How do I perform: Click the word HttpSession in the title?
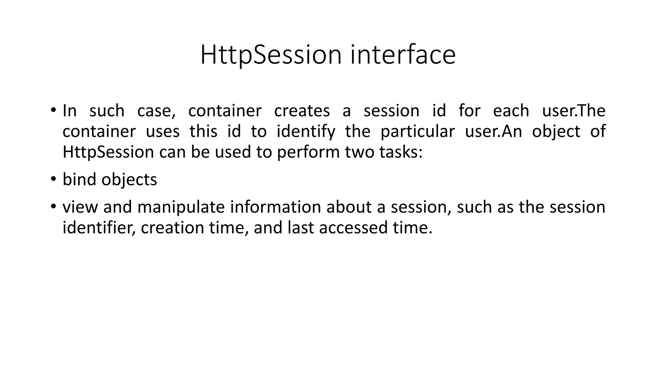click(x=271, y=55)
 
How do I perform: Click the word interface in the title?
click(x=403, y=55)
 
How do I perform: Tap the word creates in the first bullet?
click(x=302, y=111)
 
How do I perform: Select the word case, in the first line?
click(x=156, y=111)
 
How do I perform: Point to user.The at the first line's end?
click(x=573, y=111)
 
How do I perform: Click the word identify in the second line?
click(x=306, y=132)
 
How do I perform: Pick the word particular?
click(x=417, y=132)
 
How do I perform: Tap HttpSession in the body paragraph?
click(x=108, y=152)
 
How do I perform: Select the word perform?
click(x=308, y=152)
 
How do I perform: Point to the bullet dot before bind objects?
click(x=53, y=179)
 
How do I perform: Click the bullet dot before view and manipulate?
click(x=53, y=206)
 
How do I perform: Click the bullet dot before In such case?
click(x=53, y=110)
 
